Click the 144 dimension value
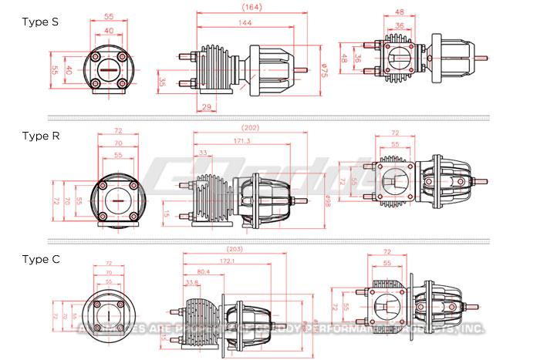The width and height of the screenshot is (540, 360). point(245,24)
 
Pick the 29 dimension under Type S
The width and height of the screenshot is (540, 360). point(208,107)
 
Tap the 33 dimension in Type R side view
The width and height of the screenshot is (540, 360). point(201,153)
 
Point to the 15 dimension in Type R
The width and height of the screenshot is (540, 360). point(167,214)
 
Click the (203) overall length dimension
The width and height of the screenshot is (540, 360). point(236,249)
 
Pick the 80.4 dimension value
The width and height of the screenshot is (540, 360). point(204,272)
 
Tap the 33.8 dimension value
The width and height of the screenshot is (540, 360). point(192,282)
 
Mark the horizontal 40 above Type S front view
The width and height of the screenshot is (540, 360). point(109,31)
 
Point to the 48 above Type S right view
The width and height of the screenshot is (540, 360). point(400,12)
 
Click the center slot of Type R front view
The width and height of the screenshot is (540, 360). point(119,200)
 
